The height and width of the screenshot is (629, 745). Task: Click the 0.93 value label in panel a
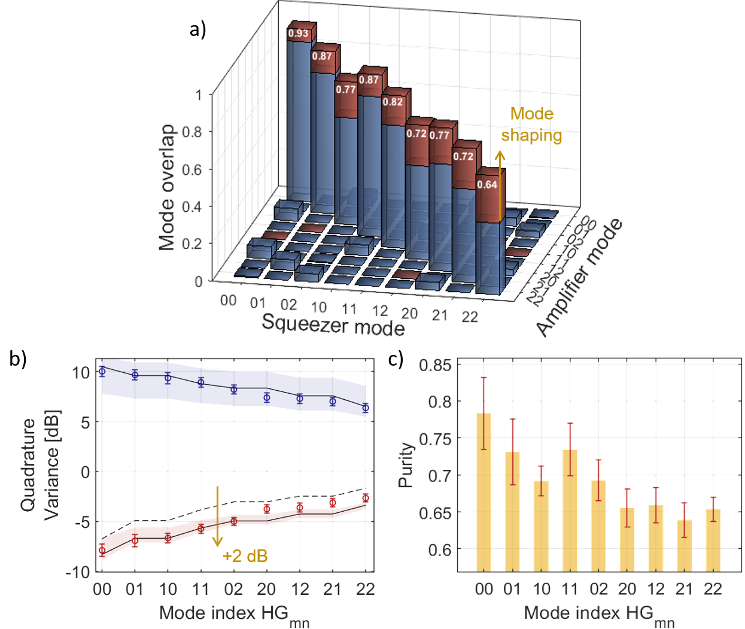point(298,33)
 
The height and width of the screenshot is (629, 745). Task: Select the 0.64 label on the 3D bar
point(487,184)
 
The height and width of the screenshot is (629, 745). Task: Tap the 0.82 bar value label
point(393,102)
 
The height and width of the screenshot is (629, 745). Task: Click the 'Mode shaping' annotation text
point(531,124)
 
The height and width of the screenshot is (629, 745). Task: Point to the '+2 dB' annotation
point(245,556)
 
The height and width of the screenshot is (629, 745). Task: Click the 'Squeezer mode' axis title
point(333,325)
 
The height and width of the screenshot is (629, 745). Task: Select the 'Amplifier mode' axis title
point(579,278)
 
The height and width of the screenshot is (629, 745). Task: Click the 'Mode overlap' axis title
point(167,187)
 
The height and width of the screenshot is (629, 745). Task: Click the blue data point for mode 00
point(102,372)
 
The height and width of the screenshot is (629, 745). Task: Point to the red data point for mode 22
point(365,498)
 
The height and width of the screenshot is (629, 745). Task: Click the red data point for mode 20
point(267,509)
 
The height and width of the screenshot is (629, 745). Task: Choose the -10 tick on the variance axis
point(78,572)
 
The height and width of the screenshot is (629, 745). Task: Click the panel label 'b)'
point(18,358)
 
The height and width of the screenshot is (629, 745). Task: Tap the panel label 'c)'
point(395,358)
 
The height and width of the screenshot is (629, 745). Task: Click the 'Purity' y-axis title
point(406,465)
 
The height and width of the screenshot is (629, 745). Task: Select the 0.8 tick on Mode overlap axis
point(191,132)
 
